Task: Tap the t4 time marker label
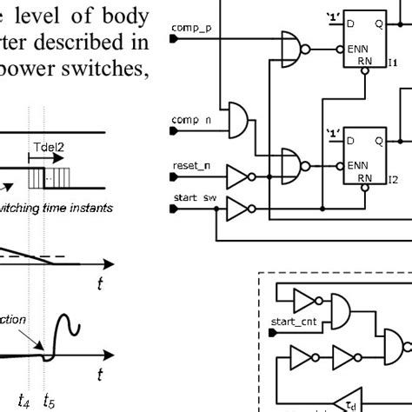click(x=30, y=402)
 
